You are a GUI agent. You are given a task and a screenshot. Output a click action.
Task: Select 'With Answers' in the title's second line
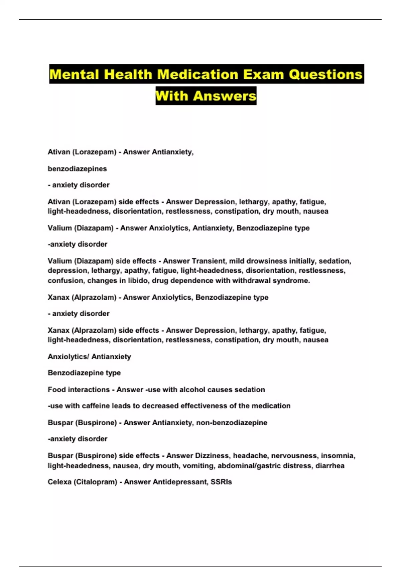click(x=206, y=96)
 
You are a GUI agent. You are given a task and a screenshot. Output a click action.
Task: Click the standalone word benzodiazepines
click(x=77, y=169)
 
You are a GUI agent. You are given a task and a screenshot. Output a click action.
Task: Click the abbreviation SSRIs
click(x=221, y=482)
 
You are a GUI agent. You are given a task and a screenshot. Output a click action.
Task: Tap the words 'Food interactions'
click(x=79, y=390)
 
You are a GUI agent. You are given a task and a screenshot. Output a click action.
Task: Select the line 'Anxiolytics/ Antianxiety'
click(x=89, y=357)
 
